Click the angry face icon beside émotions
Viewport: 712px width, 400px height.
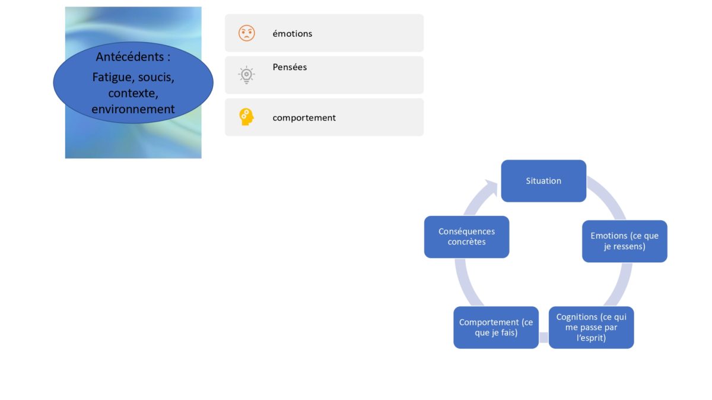click(247, 33)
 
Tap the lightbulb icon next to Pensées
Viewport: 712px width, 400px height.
click(246, 75)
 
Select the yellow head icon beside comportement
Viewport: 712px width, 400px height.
click(246, 117)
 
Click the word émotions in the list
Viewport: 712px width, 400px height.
click(293, 33)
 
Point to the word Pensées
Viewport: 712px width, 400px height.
click(290, 67)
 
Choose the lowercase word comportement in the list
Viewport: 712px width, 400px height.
click(304, 118)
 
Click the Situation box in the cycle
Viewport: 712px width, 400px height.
click(543, 181)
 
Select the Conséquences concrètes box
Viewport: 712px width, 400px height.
click(466, 237)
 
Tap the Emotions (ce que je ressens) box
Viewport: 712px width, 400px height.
click(625, 242)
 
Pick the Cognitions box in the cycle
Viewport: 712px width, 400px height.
click(591, 328)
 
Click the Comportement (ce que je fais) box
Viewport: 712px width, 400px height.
click(496, 328)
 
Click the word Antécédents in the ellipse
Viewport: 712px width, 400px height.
click(131, 57)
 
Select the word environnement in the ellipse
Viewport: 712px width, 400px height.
click(133, 109)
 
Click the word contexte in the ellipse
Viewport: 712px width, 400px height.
click(133, 94)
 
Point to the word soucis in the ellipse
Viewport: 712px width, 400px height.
click(156, 77)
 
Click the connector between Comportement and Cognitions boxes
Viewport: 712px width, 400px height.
click(543, 337)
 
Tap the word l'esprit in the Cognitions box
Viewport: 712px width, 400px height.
click(591, 338)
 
